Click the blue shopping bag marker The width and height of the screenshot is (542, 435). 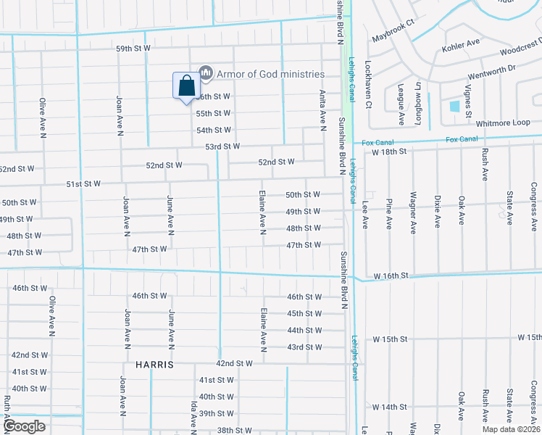186,86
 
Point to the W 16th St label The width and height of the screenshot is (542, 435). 392,276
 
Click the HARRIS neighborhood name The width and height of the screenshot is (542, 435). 154,365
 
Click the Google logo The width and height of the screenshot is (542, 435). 24,426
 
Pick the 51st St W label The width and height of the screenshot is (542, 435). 83,184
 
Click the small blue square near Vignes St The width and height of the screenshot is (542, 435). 454,106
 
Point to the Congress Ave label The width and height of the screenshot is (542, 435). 533,202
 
